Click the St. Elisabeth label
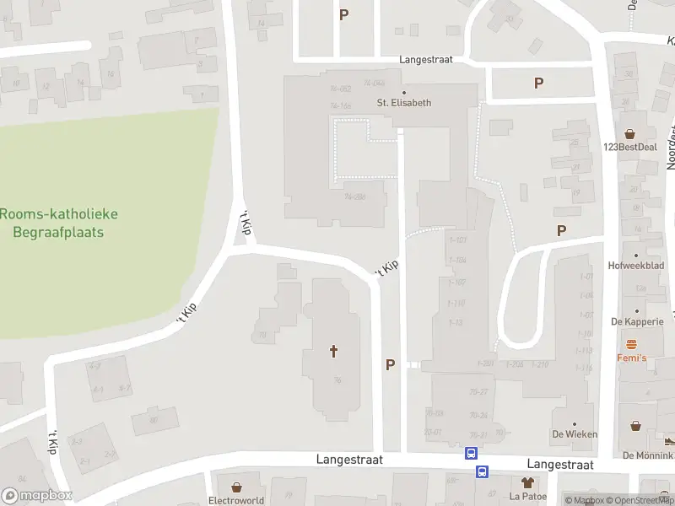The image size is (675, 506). click(403, 103)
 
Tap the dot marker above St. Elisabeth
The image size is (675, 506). click(403, 92)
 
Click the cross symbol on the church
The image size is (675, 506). click(333, 350)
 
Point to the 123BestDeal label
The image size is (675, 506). click(630, 146)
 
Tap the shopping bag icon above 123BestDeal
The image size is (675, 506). click(630, 133)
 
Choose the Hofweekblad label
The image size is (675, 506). click(636, 265)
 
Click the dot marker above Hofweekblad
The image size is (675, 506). click(636, 254)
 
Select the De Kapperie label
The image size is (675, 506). click(638, 321)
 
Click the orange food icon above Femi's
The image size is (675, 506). click(631, 344)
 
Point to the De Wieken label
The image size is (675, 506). click(575, 434)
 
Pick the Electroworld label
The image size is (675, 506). click(236, 500)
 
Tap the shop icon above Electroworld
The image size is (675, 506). click(236, 487)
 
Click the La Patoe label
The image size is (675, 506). click(528, 496)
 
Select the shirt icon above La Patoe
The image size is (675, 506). click(528, 483)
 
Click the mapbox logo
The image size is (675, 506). click(36, 496)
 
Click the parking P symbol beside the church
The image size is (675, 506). click(390, 365)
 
